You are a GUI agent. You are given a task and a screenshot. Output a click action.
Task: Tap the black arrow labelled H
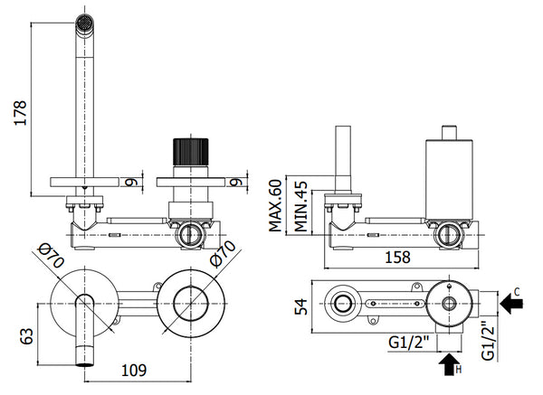pyautogui.click(x=446, y=366)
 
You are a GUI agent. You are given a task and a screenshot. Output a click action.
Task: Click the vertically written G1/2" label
pyautogui.click(x=488, y=340)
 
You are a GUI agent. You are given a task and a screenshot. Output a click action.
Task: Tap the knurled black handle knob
pyautogui.click(x=190, y=151)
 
